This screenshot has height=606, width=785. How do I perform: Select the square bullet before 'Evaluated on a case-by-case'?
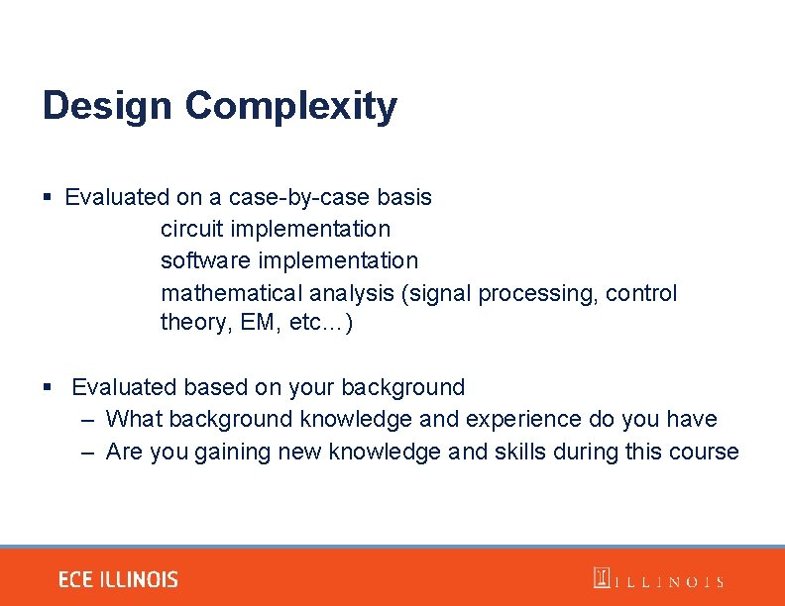tap(47, 198)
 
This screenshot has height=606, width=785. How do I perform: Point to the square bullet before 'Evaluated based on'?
tap(47, 387)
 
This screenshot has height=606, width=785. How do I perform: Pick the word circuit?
tap(192, 229)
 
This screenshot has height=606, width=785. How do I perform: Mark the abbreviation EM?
tap(262, 323)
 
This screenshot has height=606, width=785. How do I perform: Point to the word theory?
tap(191, 323)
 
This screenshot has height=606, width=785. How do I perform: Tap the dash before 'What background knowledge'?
tap(88, 420)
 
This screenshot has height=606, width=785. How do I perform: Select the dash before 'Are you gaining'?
tap(88, 453)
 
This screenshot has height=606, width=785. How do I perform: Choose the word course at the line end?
tap(705, 453)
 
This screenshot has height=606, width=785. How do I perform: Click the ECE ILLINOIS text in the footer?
tap(118, 580)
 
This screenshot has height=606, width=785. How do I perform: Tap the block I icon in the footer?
tap(601, 578)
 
